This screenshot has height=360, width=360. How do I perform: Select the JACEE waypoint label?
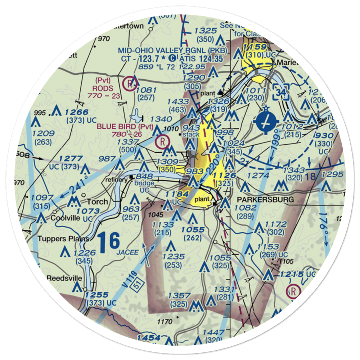127,252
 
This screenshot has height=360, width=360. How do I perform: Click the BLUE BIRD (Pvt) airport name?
125,127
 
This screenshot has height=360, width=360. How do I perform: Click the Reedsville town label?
65,279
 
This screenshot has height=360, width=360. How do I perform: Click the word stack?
190,135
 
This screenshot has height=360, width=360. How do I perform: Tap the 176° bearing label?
322,230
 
